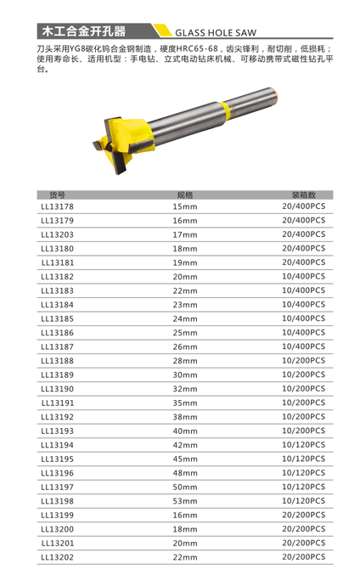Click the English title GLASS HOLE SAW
point(216,33)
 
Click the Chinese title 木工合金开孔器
point(84,31)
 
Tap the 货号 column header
point(57,194)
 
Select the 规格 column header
point(185,194)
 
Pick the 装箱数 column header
point(304,194)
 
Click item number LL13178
point(57,206)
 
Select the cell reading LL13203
point(57,234)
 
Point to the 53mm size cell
point(185,501)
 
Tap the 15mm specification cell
point(185,206)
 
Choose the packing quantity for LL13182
point(304,277)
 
